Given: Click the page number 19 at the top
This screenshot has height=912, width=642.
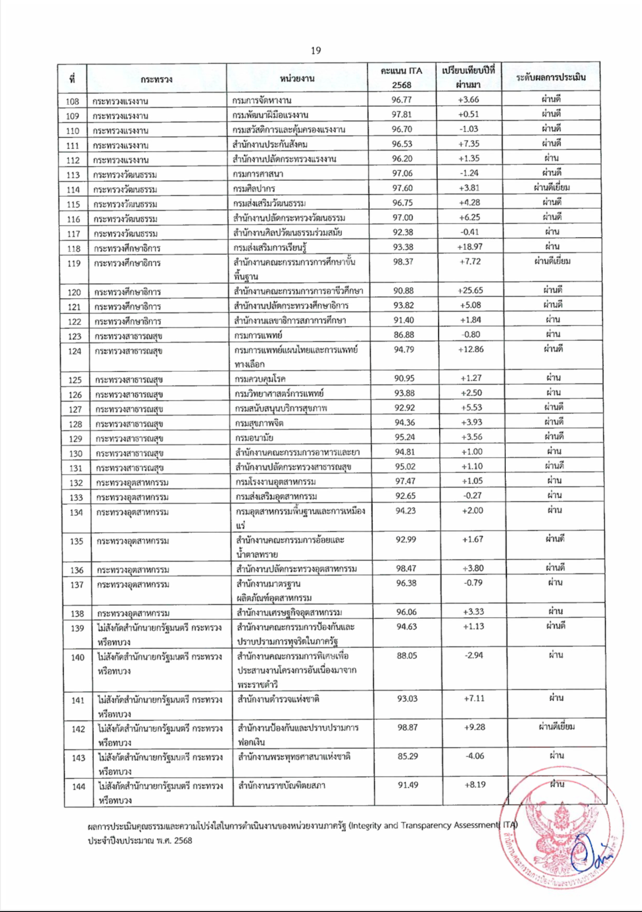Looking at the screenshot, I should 316,50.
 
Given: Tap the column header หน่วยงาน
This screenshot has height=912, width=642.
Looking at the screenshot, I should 297,79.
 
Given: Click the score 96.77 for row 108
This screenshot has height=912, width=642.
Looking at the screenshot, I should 401,100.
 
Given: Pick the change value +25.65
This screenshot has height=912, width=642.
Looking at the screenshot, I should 470,290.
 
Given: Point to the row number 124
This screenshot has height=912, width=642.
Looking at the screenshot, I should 75,351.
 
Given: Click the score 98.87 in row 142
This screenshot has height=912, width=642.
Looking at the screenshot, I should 407,727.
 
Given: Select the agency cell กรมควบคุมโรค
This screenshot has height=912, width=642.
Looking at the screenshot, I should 260,379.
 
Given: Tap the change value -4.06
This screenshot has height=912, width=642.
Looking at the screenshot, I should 475,756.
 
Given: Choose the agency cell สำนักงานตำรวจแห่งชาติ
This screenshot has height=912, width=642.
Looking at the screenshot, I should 278,699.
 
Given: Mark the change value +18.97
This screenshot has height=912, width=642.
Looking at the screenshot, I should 470,247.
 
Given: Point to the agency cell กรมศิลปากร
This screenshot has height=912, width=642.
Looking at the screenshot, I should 254,188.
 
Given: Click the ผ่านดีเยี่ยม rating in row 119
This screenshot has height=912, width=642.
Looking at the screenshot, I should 552,261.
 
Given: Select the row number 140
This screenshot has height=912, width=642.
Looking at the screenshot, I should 78,658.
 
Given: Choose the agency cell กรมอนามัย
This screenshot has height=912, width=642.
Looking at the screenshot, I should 254,438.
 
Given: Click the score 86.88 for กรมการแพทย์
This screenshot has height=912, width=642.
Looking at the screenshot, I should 404,334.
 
